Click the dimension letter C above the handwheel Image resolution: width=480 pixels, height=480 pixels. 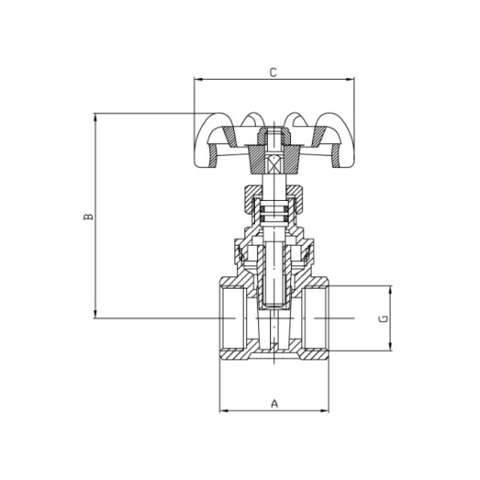click(x=273, y=72)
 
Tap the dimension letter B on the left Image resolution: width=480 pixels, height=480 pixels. click(x=88, y=217)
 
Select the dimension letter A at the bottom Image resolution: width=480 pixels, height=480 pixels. click(x=273, y=402)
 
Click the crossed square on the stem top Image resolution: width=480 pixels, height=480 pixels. click(x=273, y=162)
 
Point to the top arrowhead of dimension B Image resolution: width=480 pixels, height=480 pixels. click(x=95, y=117)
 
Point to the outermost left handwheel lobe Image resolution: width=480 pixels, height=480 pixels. click(x=207, y=147)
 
